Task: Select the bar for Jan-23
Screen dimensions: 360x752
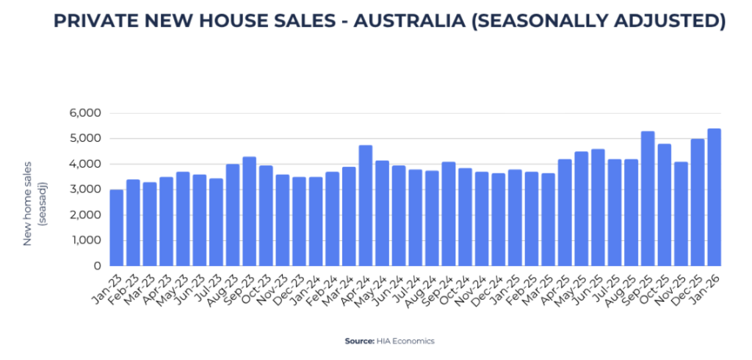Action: click(117, 228)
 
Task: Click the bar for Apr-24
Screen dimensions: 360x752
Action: click(366, 206)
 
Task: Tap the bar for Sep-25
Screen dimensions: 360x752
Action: click(648, 198)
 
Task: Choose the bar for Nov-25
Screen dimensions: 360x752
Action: click(681, 214)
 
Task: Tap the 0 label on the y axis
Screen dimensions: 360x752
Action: click(95, 266)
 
